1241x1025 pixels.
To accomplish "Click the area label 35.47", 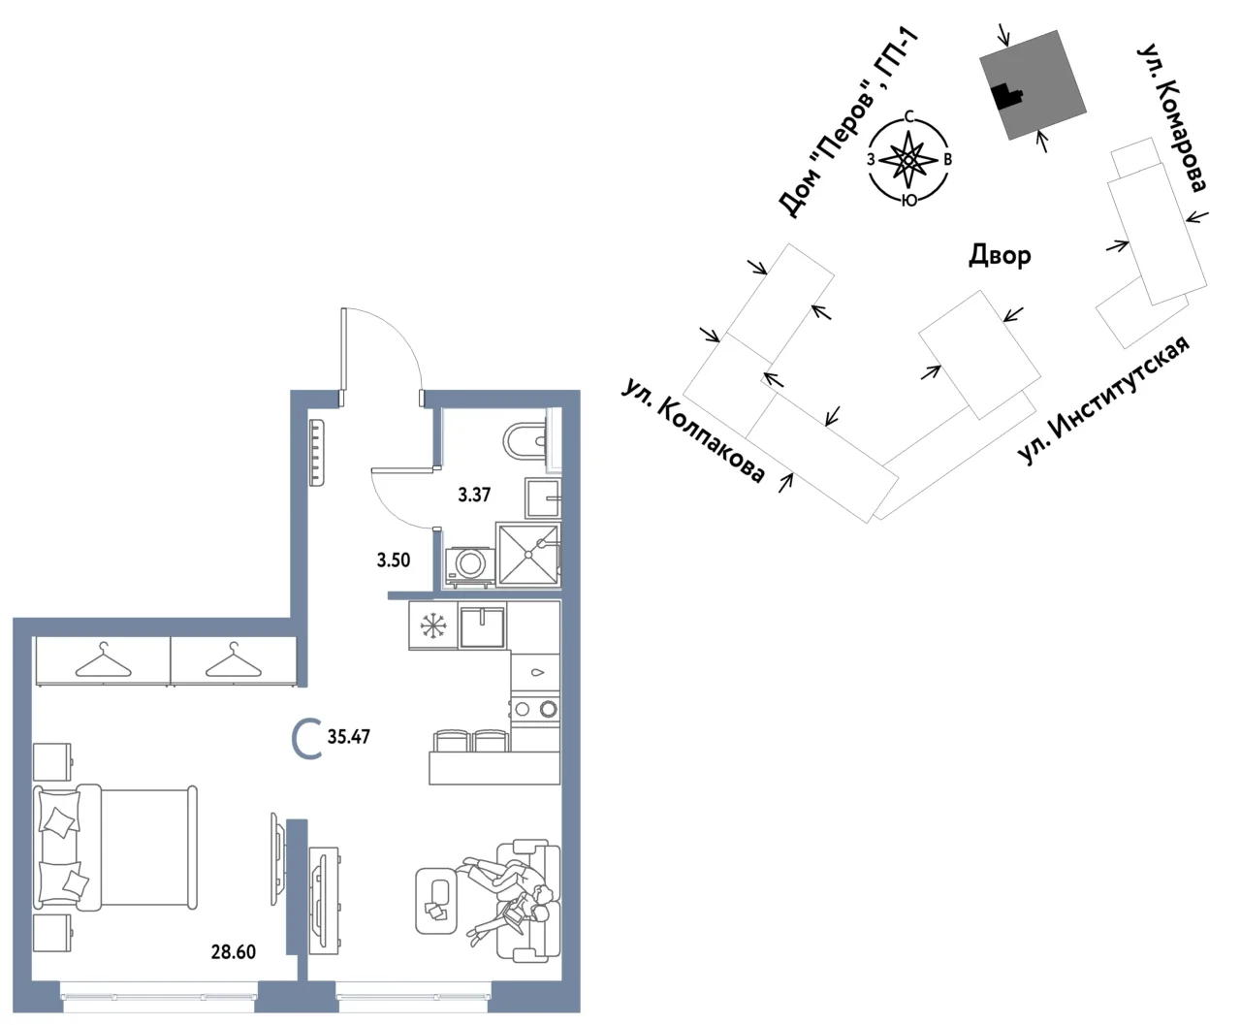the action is [x=349, y=737].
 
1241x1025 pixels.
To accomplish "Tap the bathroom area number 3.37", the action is [x=474, y=495].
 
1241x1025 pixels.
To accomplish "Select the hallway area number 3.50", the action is [x=394, y=561].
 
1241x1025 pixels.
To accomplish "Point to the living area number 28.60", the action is [x=234, y=952].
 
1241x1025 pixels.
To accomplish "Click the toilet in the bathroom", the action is [x=525, y=442].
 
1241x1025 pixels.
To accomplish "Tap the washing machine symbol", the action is [x=469, y=563].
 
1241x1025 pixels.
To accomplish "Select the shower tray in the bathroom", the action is [x=527, y=554].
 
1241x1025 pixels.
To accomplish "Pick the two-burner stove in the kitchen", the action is [x=535, y=709].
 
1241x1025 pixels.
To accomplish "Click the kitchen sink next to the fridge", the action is [x=482, y=626].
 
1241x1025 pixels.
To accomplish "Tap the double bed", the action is [x=114, y=848].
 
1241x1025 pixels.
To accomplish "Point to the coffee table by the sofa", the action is [x=437, y=901].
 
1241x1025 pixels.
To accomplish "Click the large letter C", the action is [x=306, y=738].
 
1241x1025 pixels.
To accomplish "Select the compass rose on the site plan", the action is [x=908, y=159].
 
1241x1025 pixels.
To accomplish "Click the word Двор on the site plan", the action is [x=1000, y=256].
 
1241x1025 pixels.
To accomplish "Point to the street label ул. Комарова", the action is [x=1171, y=117].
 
